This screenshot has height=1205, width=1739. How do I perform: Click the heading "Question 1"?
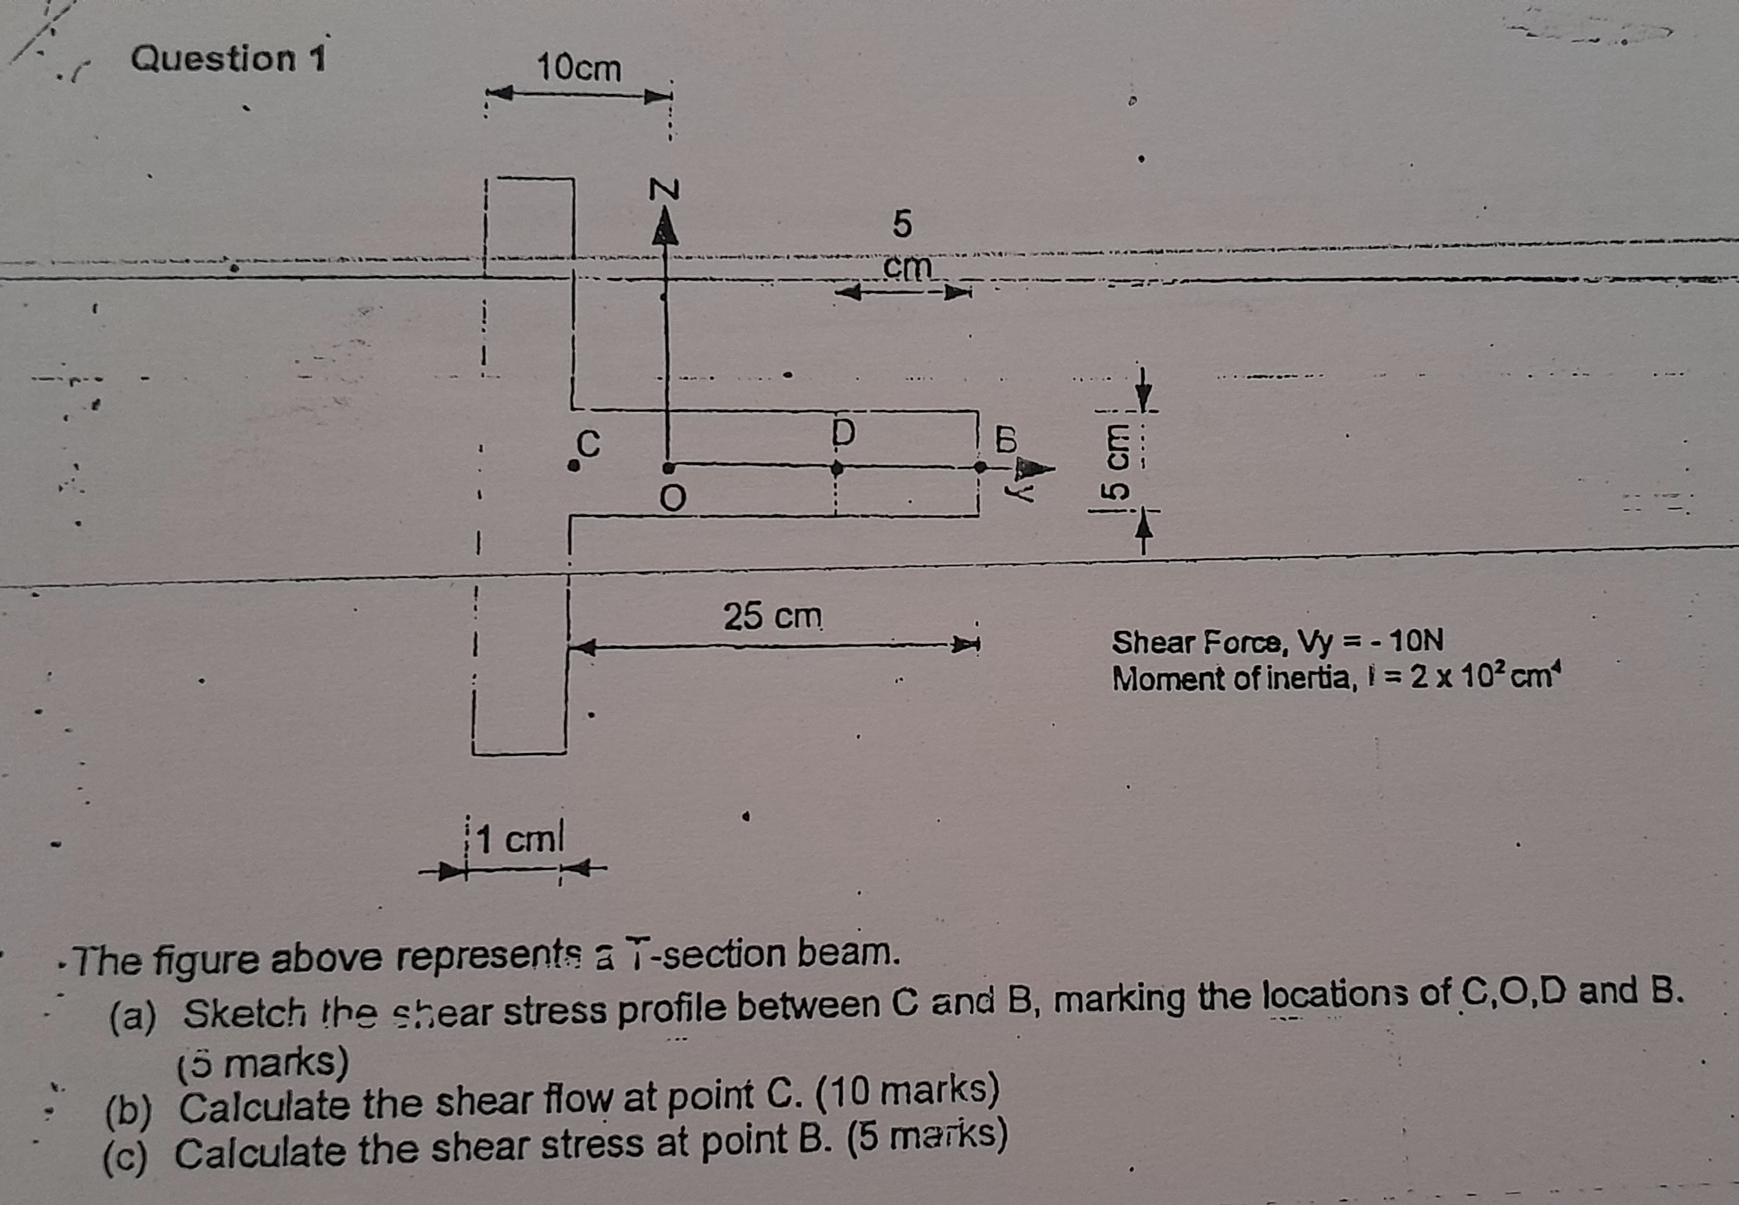point(228,58)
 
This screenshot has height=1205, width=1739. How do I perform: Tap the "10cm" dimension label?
point(579,69)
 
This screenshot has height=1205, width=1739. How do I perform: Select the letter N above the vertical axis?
point(665,189)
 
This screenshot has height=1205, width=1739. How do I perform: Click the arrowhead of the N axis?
point(665,227)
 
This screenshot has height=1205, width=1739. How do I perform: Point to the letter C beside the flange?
point(590,444)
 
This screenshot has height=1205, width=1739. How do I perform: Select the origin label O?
point(673,498)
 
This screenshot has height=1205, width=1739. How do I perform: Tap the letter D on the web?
point(844,433)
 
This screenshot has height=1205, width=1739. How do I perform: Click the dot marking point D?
point(836,468)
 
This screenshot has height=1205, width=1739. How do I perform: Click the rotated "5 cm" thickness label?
point(1116,462)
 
